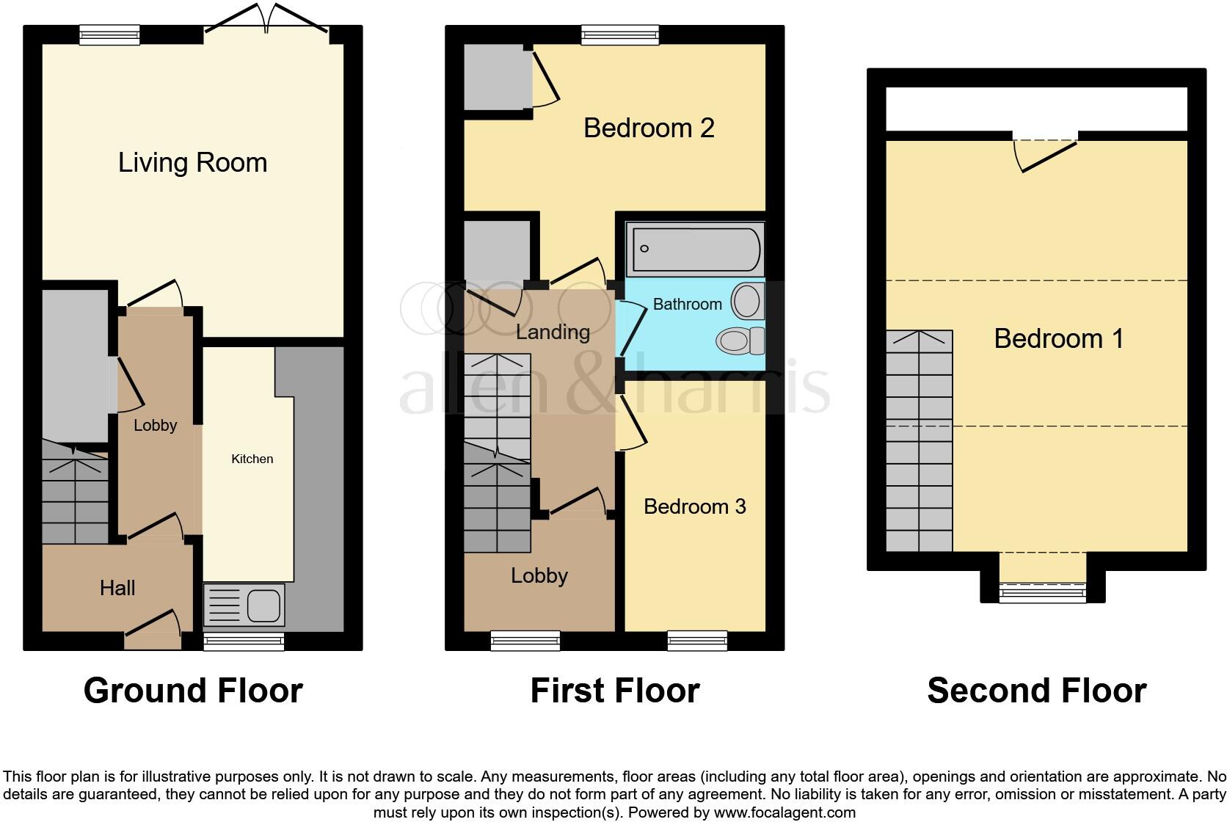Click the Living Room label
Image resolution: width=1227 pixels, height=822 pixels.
tap(192, 162)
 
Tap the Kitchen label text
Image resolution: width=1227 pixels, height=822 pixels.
tap(252, 459)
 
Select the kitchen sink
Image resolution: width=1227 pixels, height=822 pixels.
tap(244, 605)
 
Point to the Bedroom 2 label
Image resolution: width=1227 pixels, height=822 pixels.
tap(649, 128)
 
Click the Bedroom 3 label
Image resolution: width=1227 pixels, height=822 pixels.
tap(694, 506)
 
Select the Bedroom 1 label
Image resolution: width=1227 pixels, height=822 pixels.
tap(1058, 338)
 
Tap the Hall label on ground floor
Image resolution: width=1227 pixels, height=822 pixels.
tap(117, 588)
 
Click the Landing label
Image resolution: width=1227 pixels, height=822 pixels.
tap(553, 332)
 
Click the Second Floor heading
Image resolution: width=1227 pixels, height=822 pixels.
tap(1036, 691)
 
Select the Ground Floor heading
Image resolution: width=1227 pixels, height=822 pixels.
tap(193, 691)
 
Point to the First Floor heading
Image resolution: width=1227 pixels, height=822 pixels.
tap(614, 691)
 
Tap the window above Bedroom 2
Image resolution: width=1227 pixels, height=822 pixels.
tap(619, 34)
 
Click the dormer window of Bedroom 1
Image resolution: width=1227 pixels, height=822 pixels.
tap(1042, 592)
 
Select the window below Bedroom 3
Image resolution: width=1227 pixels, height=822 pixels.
tap(697, 641)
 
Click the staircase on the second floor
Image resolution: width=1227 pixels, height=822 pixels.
tap(919, 440)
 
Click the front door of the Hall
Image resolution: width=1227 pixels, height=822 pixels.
tap(153, 631)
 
